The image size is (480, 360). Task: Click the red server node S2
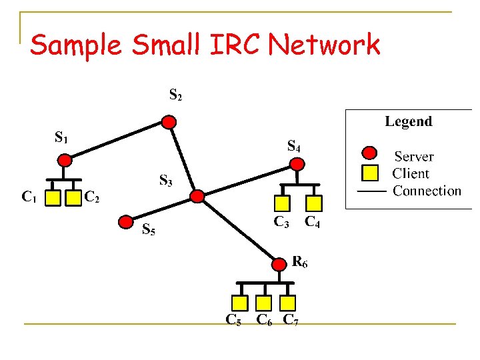click(x=170, y=122)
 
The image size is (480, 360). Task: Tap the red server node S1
click(x=65, y=160)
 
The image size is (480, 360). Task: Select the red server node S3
click(x=197, y=196)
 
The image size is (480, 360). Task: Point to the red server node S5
click(x=125, y=221)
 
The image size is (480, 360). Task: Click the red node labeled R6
click(x=278, y=265)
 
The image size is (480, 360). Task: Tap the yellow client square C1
click(x=54, y=197)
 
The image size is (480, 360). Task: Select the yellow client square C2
click(x=71, y=197)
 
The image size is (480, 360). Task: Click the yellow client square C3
click(x=283, y=203)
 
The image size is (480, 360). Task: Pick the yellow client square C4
click(x=314, y=203)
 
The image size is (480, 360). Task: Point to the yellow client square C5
click(x=241, y=303)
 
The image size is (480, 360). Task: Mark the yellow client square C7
click(x=287, y=303)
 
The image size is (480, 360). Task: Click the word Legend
click(x=408, y=121)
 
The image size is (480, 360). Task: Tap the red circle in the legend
click(x=369, y=155)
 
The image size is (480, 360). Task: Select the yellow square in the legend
click(x=369, y=173)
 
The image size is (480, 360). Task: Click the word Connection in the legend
click(x=427, y=191)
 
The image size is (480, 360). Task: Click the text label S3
click(x=166, y=180)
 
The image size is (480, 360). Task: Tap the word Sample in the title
click(x=76, y=45)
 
